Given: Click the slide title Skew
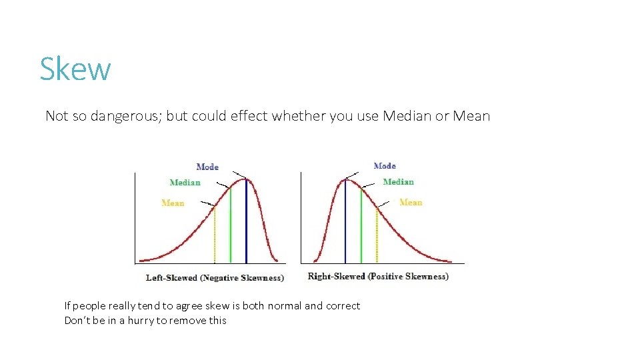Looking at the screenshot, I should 75,69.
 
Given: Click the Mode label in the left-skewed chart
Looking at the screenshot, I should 207,167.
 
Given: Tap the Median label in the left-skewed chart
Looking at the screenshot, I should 185,183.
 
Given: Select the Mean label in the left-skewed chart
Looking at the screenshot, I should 173,203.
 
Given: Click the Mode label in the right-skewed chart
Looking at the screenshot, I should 385,166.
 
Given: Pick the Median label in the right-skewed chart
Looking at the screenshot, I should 398,182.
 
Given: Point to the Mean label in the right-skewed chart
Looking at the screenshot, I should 411,202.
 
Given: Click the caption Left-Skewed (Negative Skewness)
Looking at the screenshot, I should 215,277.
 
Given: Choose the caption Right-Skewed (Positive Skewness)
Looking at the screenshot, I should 378,276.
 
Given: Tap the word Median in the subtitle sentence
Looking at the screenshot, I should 407,116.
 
